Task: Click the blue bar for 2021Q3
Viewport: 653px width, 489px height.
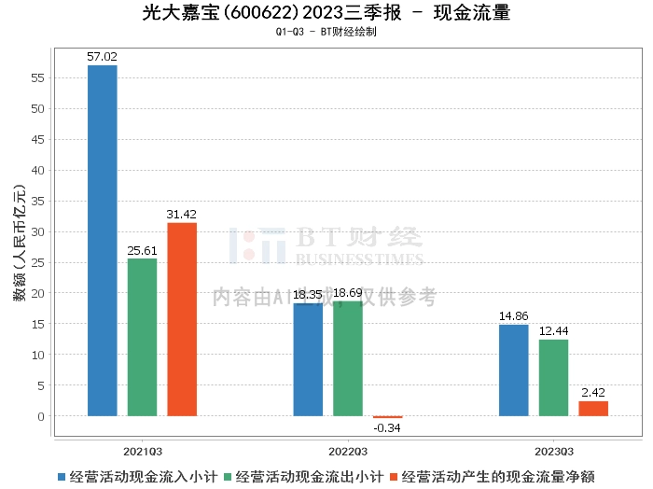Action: [x=102, y=240]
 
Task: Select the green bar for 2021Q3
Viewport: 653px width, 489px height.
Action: [x=142, y=337]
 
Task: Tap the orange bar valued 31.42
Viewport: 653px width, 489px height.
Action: [x=182, y=319]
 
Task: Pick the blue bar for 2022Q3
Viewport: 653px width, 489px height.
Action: [x=308, y=359]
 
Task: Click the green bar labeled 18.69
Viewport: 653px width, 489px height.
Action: [x=348, y=358]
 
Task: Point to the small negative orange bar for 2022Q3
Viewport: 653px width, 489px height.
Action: [x=388, y=417]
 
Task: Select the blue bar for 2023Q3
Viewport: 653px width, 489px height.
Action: [x=513, y=370]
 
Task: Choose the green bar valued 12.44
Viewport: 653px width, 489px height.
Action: [x=553, y=378]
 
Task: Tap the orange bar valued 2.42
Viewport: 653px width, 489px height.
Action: [x=593, y=409]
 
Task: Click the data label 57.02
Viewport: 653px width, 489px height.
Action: [x=102, y=57]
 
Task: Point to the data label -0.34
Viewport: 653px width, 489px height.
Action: [x=388, y=428]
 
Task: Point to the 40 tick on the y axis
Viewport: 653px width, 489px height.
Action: [x=39, y=170]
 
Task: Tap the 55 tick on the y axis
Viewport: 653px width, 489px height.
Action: [x=39, y=77]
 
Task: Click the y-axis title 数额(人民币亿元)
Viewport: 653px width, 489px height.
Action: [x=19, y=240]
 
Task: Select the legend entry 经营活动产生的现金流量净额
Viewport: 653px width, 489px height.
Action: [x=492, y=477]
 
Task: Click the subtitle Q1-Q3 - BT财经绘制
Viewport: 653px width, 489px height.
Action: [x=326, y=32]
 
